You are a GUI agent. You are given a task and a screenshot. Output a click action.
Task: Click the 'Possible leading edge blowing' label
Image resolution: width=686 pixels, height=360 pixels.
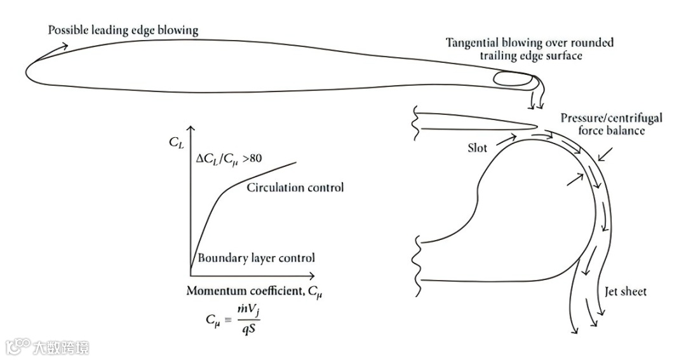point(123,30)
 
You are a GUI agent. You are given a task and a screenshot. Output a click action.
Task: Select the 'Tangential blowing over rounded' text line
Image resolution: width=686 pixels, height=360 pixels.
point(529,43)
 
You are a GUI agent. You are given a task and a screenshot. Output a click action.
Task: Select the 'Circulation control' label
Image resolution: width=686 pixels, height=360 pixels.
point(295,187)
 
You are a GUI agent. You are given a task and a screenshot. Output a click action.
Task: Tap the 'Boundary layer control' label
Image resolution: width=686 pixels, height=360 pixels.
point(256,258)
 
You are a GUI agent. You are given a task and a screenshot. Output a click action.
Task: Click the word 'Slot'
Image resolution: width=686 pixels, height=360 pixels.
point(477,147)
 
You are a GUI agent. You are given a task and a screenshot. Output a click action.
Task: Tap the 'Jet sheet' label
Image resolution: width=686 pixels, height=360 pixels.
point(625,291)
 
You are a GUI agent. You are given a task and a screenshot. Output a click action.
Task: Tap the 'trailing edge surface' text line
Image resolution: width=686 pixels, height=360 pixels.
point(529,56)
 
